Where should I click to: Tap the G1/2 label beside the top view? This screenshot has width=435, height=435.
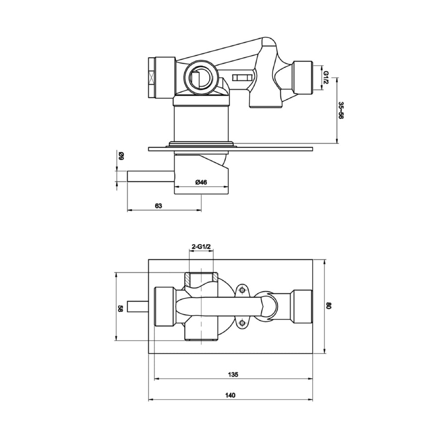pyautogui.click(x=326, y=77)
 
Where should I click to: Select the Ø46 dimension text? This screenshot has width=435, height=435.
pyautogui.click(x=201, y=182)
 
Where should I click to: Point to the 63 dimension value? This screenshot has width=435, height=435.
pyautogui.click(x=158, y=205)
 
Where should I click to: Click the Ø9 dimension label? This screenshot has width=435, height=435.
pyautogui.click(x=121, y=156)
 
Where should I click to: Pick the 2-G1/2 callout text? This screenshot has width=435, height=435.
pyautogui.click(x=201, y=247)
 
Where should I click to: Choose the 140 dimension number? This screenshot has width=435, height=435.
pyautogui.click(x=230, y=395)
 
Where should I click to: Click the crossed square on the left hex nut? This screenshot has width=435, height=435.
pyautogui.click(x=151, y=77)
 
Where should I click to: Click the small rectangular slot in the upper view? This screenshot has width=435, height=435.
pyautogui.click(x=243, y=78)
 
